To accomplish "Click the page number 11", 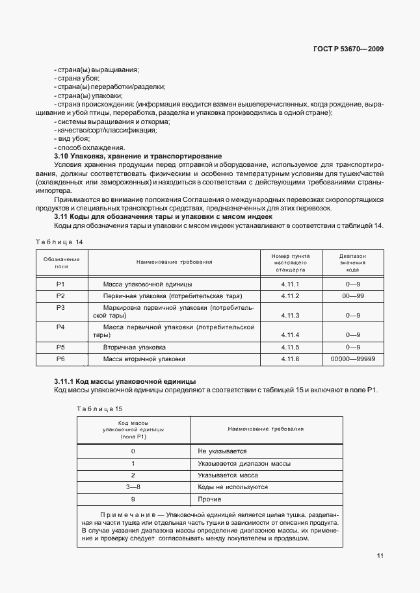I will [x=379, y=555].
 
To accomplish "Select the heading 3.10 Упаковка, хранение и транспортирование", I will [x=137, y=157].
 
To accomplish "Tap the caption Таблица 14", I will [x=60, y=242].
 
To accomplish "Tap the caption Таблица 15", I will [x=99, y=408].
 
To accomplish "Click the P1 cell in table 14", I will [x=61, y=284].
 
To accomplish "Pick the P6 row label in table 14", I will [x=61, y=359].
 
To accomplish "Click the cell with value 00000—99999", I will [x=353, y=359].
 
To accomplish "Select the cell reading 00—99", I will [x=353, y=296].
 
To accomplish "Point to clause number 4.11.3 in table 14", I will [x=289, y=315].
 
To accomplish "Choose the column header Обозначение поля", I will [x=61, y=262].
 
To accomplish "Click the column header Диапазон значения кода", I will [x=353, y=262].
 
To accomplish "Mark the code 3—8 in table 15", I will [x=133, y=486].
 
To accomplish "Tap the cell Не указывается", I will [x=222, y=451].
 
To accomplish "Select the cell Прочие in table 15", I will [x=209, y=499].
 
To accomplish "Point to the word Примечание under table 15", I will [x=128, y=514].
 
